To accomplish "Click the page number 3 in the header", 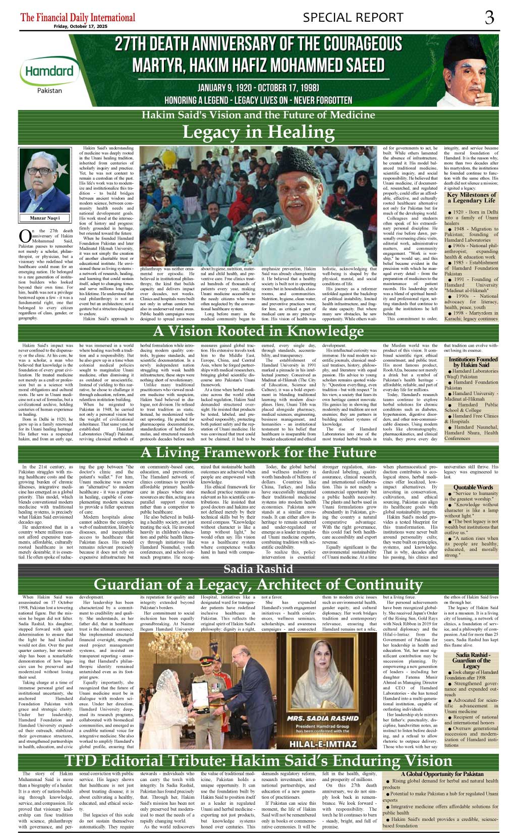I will [x=489, y=18].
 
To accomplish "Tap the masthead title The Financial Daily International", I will [x=78, y=17].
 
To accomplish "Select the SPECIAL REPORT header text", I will [x=353, y=18].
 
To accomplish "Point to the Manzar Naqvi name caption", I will [x=45, y=218].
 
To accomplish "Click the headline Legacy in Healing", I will [x=258, y=132].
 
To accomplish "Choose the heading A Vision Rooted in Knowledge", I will [x=258, y=331].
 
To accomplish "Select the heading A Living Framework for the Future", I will [x=258, y=453].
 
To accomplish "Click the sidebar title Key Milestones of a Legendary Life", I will [x=471, y=197].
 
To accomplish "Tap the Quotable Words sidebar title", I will [x=473, y=487].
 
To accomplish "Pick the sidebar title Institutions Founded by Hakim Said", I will [x=473, y=362].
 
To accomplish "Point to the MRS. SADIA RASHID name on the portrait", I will [x=323, y=718].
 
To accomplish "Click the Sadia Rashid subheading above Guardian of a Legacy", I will [x=258, y=569].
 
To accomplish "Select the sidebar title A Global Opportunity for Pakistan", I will [x=442, y=774].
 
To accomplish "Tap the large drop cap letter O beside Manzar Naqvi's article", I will [x=24, y=236].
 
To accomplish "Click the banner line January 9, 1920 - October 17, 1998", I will [x=258, y=88].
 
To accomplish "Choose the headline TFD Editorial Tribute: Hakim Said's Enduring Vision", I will [x=258, y=761].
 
